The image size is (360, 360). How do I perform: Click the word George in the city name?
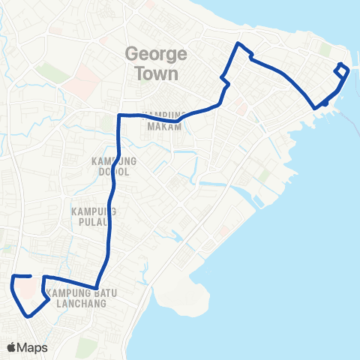151,55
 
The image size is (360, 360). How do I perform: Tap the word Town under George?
157,73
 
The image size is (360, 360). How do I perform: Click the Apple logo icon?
12,347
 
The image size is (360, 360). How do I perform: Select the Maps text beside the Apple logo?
34,347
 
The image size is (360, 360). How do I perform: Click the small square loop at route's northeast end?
343,70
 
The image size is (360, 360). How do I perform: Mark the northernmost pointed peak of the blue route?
238,44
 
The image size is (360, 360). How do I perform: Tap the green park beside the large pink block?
51,73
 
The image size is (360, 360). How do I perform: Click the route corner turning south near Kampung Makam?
119,115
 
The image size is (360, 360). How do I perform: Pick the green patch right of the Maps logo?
86,346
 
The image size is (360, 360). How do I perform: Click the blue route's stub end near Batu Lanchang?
30,277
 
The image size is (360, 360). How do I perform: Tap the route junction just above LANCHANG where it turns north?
102,284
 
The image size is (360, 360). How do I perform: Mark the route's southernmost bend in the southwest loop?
28,316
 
